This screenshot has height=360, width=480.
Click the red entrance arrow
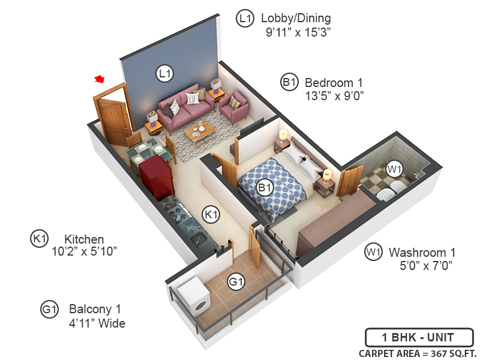click(100, 79)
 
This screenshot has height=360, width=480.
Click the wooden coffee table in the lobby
click(199, 131)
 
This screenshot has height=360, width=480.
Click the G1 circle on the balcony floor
click(236, 281)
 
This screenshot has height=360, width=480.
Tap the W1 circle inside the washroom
click(394, 169)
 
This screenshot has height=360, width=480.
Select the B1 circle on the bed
click(265, 188)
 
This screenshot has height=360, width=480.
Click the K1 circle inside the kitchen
click(210, 213)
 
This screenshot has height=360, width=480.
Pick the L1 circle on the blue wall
click(164, 74)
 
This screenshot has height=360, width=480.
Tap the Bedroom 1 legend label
click(334, 82)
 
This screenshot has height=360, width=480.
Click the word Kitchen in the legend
click(84, 239)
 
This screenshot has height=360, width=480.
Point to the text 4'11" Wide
click(97, 323)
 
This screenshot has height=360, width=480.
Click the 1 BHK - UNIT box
click(419, 337)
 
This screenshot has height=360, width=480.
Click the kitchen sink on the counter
click(200, 239)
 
